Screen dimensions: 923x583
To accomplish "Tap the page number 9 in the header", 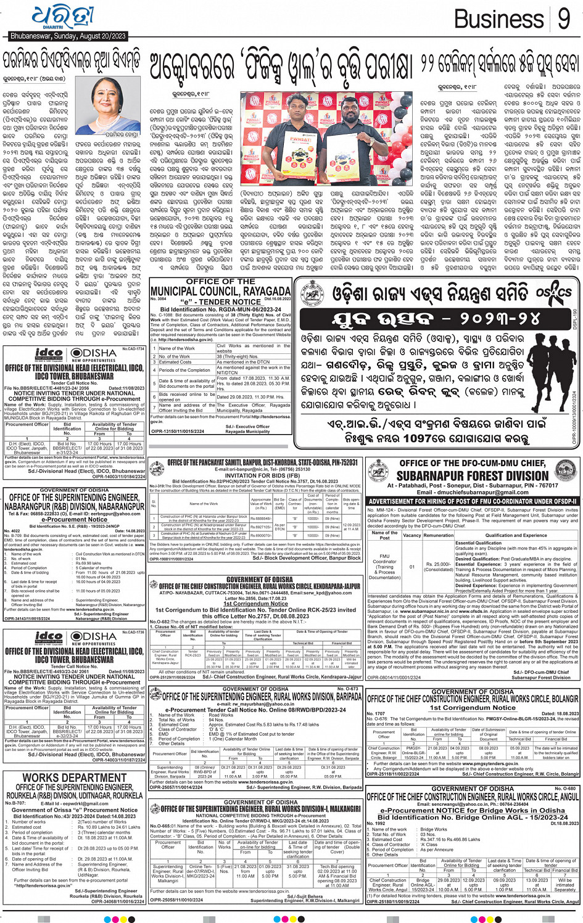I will click(x=563, y=20).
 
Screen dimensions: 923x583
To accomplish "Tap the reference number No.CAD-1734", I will click(x=133, y=349).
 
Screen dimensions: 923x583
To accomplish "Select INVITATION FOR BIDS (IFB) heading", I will click(x=255, y=475).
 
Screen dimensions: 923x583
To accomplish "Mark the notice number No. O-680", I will click(x=564, y=788).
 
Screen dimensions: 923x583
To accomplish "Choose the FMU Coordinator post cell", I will click(x=384, y=567).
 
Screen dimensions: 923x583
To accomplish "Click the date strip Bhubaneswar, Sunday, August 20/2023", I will click(x=68, y=36).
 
